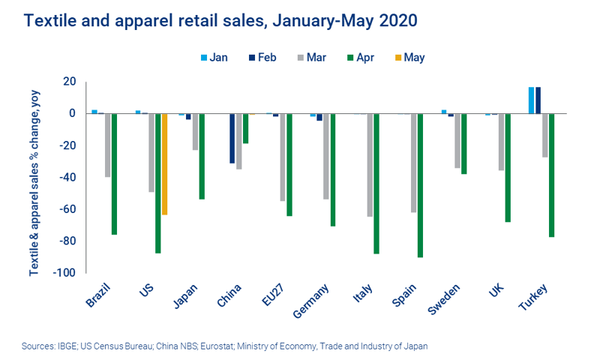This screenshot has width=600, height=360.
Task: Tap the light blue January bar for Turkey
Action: pos(531,100)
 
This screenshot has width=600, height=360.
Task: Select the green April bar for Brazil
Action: pos(114,174)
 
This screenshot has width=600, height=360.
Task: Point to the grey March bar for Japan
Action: pos(196,132)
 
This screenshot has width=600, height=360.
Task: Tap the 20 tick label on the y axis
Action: pos(70,82)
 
